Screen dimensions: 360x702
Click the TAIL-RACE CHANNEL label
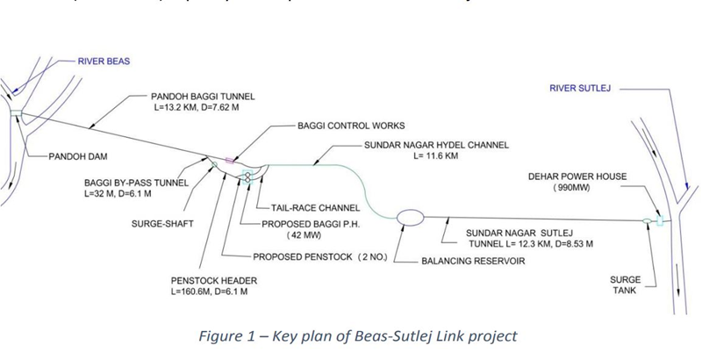[303, 208]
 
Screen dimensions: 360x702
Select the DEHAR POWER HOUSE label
[577, 176]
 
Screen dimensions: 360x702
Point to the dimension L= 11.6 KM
[438, 156]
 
